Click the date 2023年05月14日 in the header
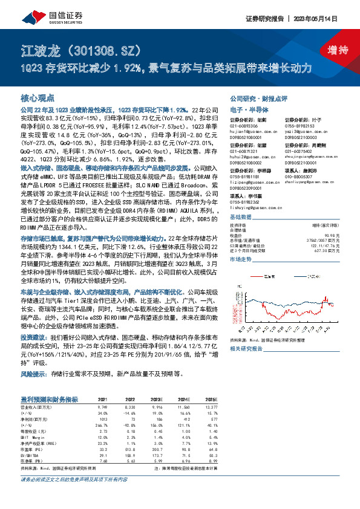(x=322, y=18)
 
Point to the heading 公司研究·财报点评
(x=254, y=99)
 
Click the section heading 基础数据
(x=240, y=217)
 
